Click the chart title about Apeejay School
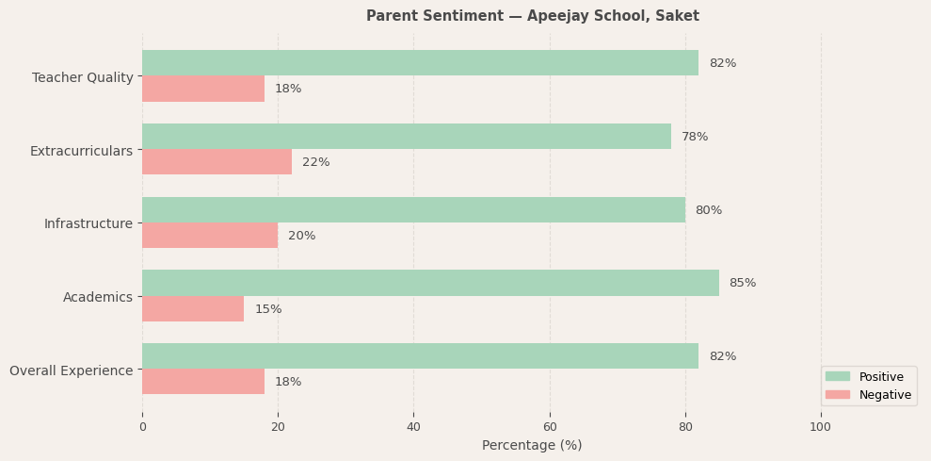click(532, 16)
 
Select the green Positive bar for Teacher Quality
click(420, 63)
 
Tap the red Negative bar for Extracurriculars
click(217, 162)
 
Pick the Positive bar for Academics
click(430, 283)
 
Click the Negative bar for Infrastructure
click(210, 236)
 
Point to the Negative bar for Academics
click(193, 309)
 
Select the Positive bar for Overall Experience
click(420, 356)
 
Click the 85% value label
click(742, 283)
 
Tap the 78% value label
click(695, 137)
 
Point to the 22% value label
click(315, 162)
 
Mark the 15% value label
click(268, 309)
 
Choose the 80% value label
click(708, 210)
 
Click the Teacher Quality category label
click(83, 77)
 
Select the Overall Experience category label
click(72, 370)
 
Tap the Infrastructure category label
click(88, 223)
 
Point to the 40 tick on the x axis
click(413, 427)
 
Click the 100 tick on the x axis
click(820, 427)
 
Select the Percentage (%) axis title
click(532, 445)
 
